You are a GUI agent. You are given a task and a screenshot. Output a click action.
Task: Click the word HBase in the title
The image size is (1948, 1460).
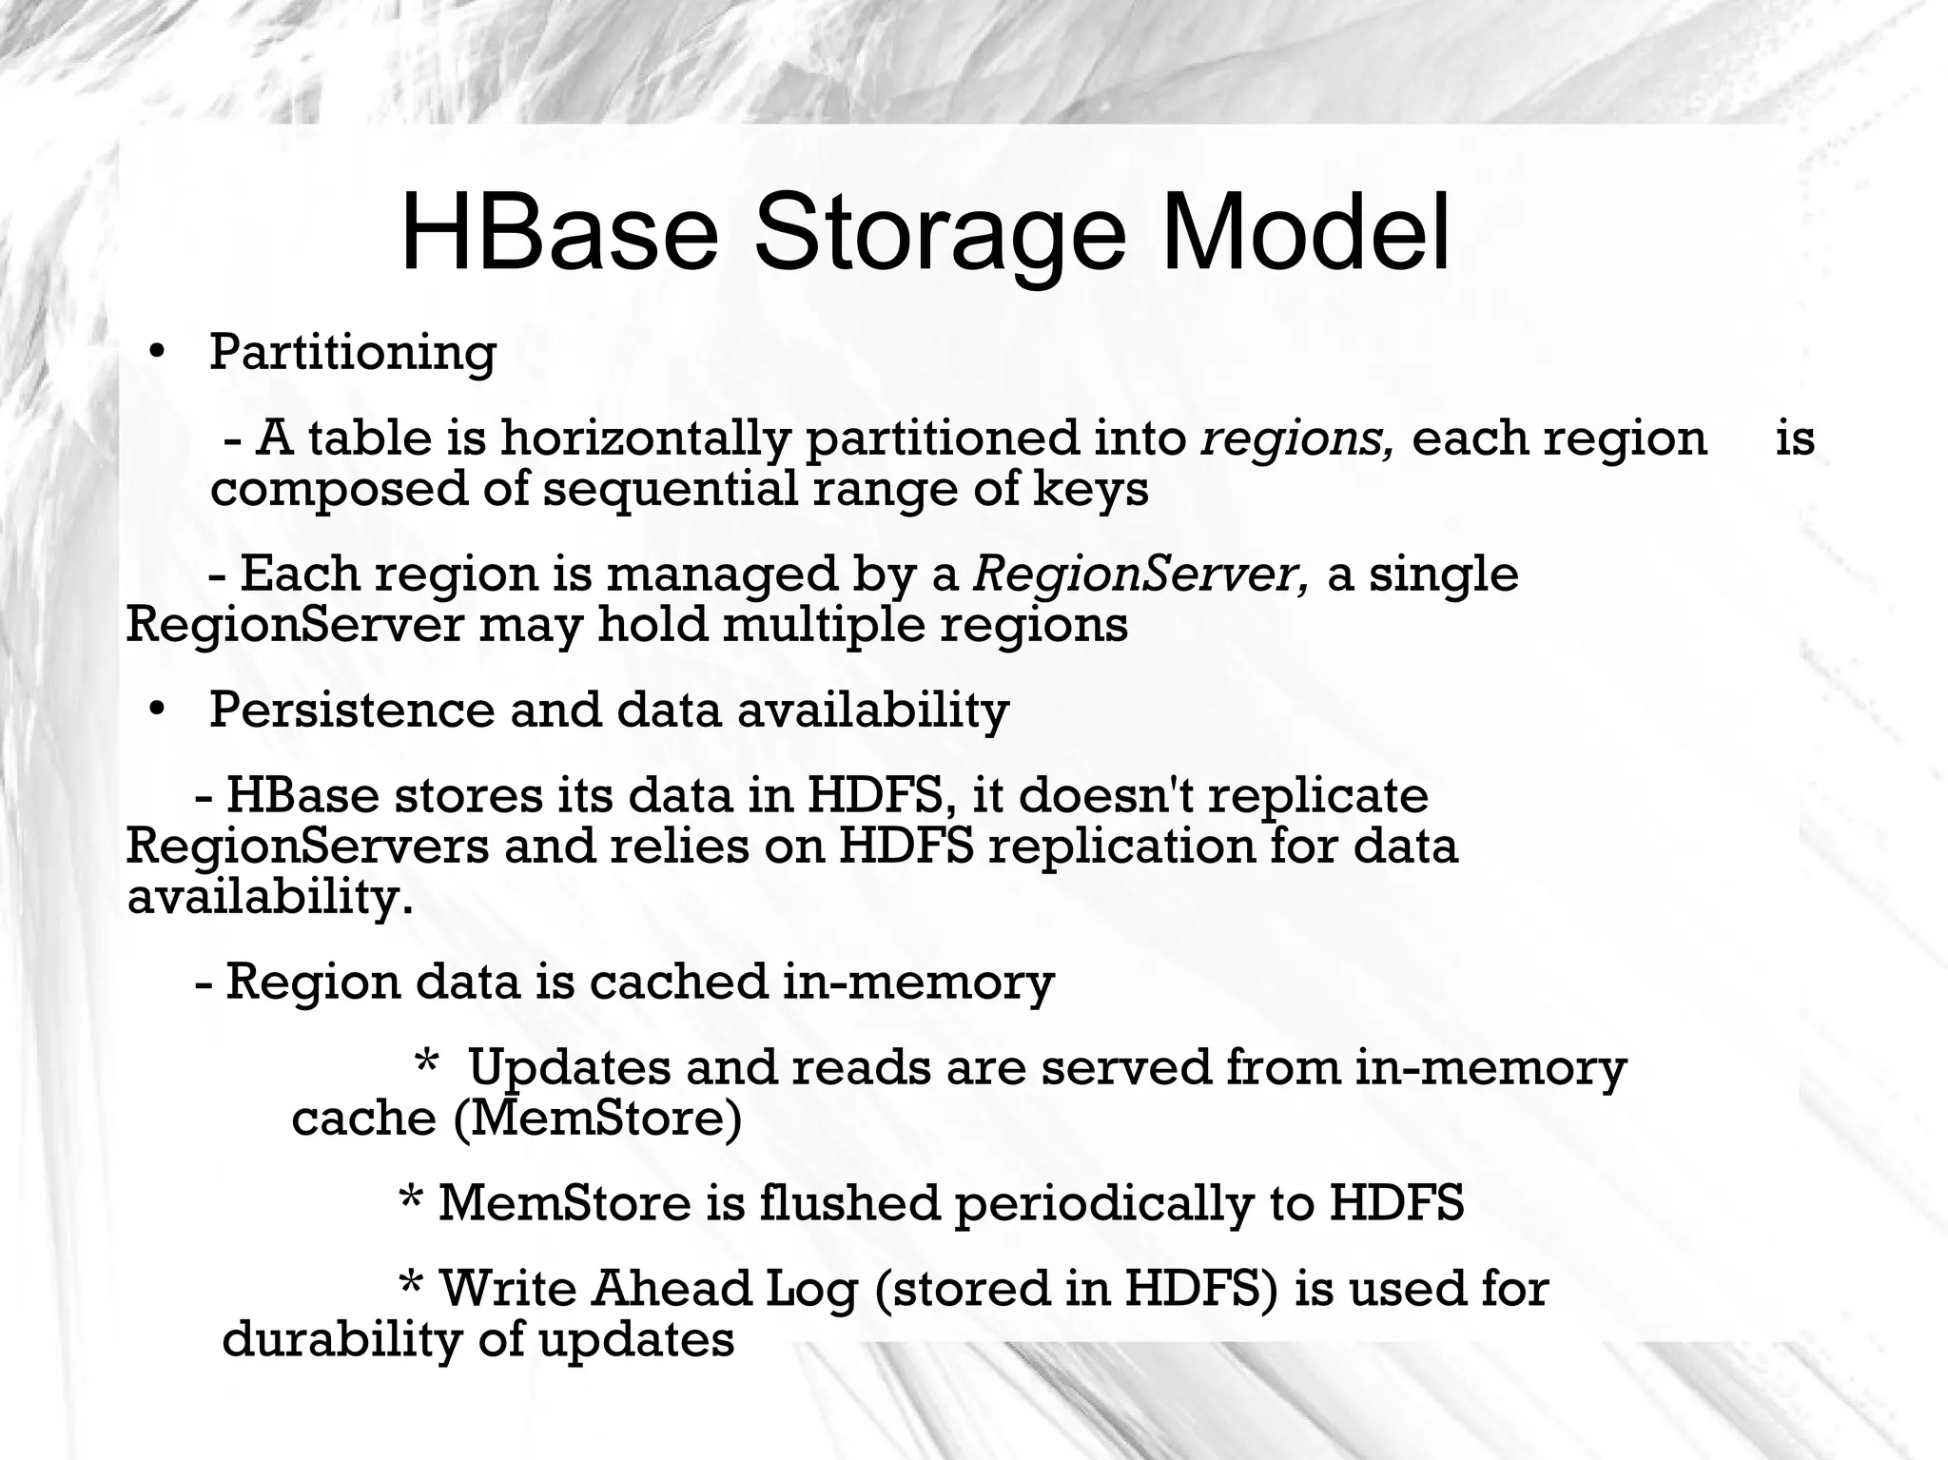tap(559, 234)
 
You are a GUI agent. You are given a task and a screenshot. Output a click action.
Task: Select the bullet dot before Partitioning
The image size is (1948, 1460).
tap(157, 353)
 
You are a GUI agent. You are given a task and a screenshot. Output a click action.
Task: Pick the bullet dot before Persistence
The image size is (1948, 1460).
tap(157, 710)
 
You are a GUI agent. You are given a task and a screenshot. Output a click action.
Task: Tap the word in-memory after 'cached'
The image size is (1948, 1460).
tap(918, 982)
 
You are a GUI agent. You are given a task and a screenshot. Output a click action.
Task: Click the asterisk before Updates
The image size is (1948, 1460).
tap(427, 1067)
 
